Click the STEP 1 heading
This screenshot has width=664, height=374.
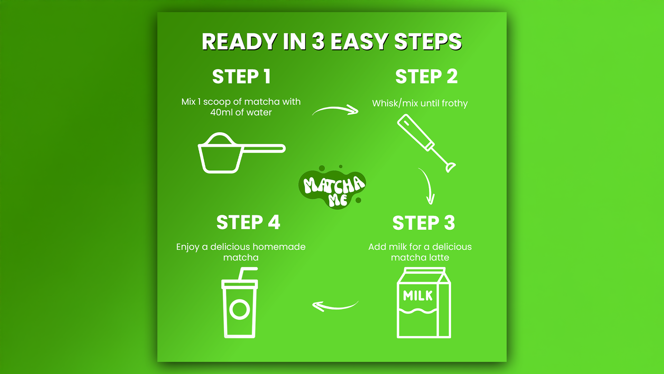coord(241,77)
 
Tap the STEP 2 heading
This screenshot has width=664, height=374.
coord(426,77)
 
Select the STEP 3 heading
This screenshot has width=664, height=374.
coord(424,223)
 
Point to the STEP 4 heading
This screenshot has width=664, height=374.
coord(248,222)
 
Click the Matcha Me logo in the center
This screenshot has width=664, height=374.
coord(332,187)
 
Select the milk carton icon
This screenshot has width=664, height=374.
coord(424,303)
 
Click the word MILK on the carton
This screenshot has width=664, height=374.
coord(418,296)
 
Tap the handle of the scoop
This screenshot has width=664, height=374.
coord(264,149)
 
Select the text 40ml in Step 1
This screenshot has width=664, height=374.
coord(221,113)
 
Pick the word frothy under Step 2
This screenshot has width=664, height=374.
coord(454,104)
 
